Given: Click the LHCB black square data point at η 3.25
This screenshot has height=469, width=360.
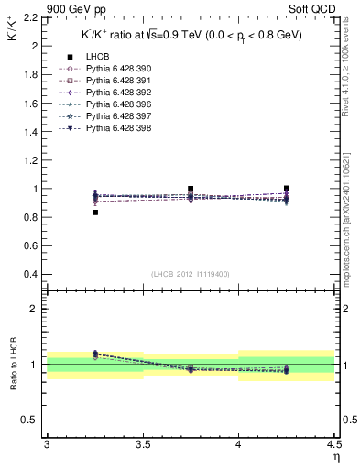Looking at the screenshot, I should point(94,213).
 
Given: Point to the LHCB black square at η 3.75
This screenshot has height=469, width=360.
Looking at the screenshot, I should point(191,190).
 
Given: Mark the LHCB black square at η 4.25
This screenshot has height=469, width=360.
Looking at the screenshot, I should point(287,188).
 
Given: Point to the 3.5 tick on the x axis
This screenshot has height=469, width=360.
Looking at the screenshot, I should point(142,444).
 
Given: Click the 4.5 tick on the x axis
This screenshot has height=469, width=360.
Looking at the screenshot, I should point(333,444).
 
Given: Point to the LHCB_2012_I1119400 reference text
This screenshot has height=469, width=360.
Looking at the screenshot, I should point(191,274).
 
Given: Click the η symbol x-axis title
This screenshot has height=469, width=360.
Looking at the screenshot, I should point(335,456).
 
